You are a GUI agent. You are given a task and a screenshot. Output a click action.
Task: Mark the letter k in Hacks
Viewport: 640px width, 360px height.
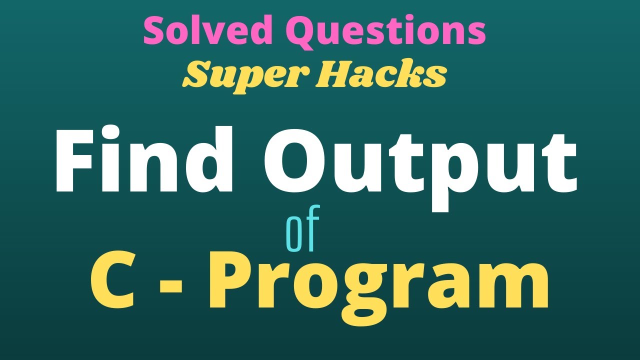coord(414,74)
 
